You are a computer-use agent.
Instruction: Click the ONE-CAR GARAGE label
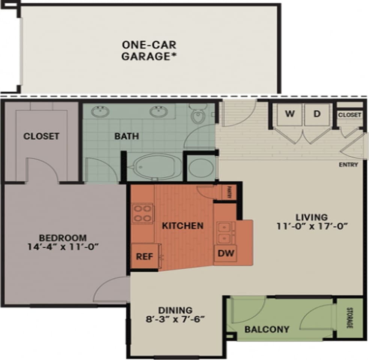[x=149, y=50]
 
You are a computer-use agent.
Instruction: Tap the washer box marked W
[x=289, y=114]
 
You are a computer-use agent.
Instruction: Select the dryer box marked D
[x=317, y=114]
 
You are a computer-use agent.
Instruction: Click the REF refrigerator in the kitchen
[x=144, y=256]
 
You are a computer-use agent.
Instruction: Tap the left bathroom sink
[x=100, y=112]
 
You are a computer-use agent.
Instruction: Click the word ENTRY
[x=348, y=165]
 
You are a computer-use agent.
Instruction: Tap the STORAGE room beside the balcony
[x=349, y=318]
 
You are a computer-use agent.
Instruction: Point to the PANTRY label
[x=229, y=192]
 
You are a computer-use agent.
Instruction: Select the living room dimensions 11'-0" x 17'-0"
[x=312, y=226]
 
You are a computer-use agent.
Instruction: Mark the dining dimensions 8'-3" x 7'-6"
[x=175, y=320]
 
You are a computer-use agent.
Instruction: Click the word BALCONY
[x=267, y=330]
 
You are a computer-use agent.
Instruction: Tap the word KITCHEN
[x=182, y=226]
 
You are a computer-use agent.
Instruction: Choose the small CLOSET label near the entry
[x=349, y=115]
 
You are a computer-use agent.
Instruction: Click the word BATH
[x=127, y=136]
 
